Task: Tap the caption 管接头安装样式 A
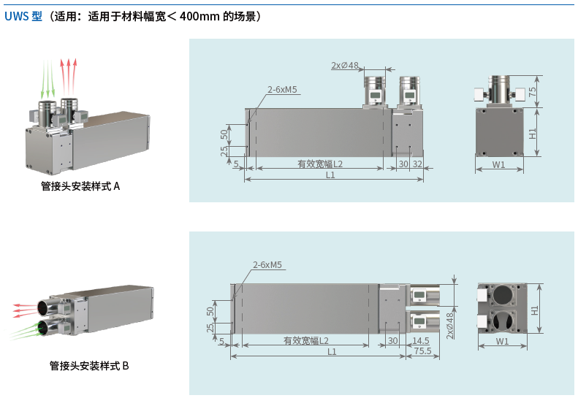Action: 80,186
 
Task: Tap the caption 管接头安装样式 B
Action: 89,365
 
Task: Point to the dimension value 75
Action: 533,92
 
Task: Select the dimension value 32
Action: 417,164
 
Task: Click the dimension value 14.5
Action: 421,341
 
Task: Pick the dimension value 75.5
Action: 422,351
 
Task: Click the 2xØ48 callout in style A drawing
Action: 345,66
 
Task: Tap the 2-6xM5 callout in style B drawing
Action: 267,265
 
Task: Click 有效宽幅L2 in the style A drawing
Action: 320,164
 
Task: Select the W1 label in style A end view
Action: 498,164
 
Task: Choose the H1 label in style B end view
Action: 536,310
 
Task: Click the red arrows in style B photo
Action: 23,307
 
